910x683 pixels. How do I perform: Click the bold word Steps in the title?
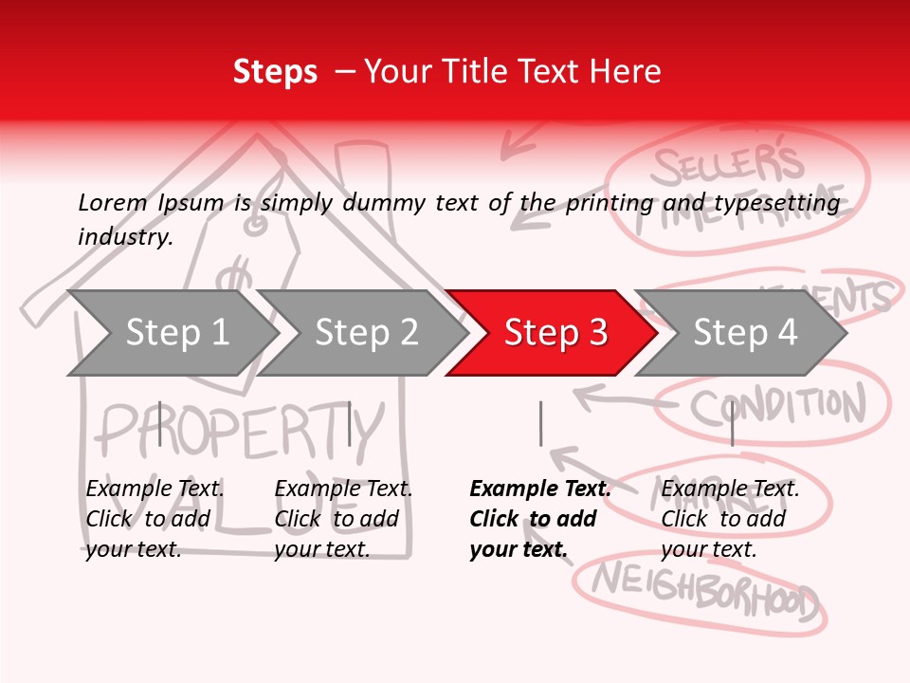(275, 72)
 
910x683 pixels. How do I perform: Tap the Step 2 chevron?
(365, 333)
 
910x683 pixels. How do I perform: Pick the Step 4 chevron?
(745, 333)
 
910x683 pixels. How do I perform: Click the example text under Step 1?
(155, 519)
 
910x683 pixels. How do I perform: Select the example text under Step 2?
(343, 519)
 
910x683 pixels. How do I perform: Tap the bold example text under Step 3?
(539, 519)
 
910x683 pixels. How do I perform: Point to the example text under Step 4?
(730, 519)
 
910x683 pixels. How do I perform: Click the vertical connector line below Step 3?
(540, 423)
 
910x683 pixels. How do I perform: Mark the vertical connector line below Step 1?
(160, 423)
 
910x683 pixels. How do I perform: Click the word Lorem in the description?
(113, 203)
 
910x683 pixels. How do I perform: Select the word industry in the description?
(125, 237)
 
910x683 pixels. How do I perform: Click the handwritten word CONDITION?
(777, 406)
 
